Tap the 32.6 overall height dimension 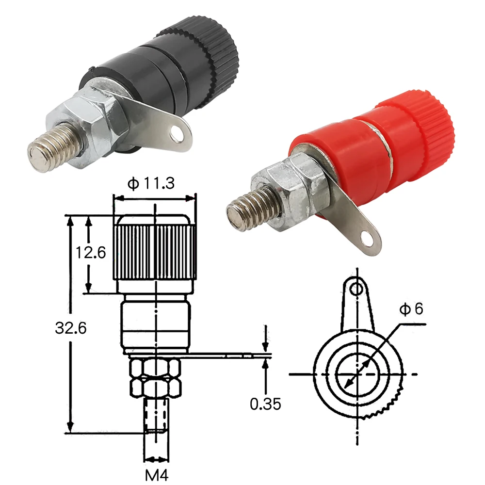[71, 328]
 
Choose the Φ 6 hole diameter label [411, 309]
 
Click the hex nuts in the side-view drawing [155, 378]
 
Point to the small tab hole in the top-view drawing [357, 289]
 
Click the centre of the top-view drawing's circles [357, 374]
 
